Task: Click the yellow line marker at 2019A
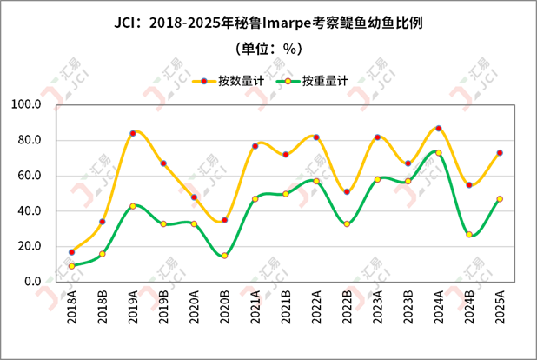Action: (133, 133)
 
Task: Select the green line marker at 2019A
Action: (133, 206)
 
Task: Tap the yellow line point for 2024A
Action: (438, 128)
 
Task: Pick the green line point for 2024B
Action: (469, 235)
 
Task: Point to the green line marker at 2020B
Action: (224, 256)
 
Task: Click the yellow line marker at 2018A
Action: (72, 252)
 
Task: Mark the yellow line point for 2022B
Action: (347, 191)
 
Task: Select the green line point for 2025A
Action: (500, 199)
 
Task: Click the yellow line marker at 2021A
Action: (255, 146)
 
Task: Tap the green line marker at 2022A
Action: (316, 181)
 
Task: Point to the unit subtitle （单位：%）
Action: (268, 49)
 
